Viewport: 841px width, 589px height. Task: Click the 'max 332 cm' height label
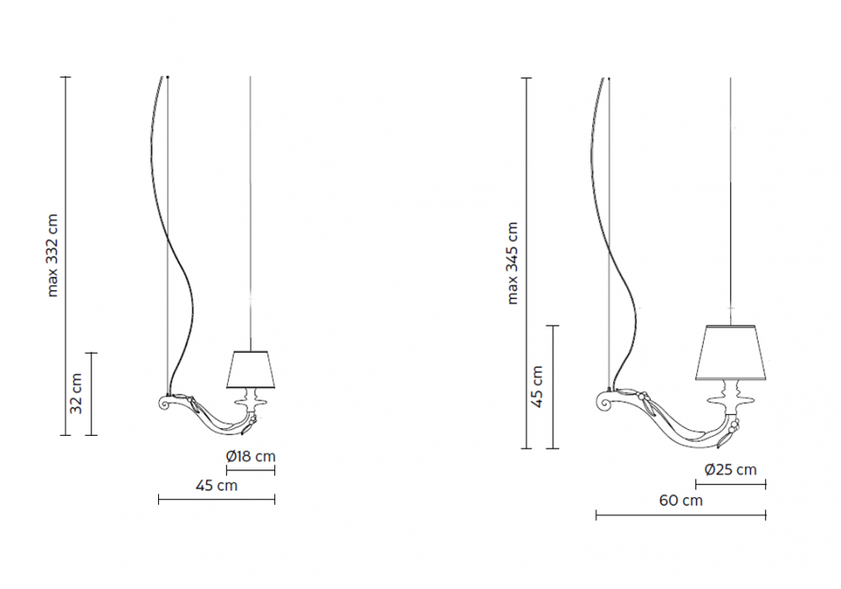tap(52, 255)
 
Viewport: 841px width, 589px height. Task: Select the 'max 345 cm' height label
tap(513, 263)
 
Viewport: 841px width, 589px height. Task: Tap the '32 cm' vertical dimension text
tap(77, 394)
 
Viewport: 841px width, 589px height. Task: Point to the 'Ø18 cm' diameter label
tap(251, 457)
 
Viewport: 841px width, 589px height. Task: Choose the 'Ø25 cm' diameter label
tap(731, 470)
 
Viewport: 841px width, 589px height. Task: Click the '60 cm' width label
tap(680, 501)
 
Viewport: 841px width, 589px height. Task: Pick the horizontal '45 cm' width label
tap(216, 486)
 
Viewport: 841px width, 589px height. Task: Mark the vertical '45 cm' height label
tap(537, 387)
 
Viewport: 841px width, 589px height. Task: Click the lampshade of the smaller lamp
tap(251, 369)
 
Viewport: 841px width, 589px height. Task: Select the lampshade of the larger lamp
tap(731, 353)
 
